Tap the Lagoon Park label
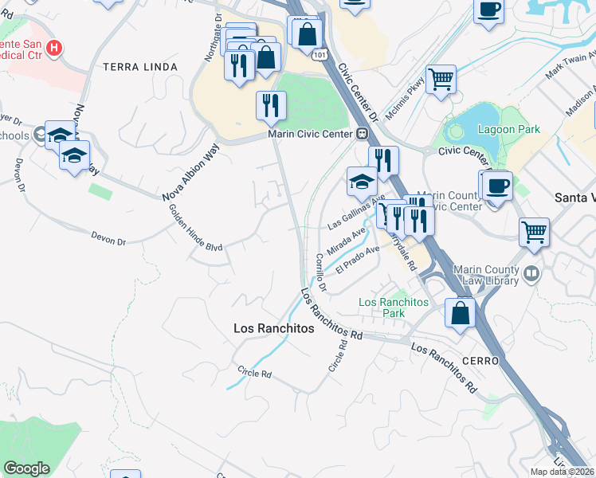[509, 129]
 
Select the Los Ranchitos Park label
[394, 308]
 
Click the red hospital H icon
[53, 49]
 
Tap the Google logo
[26, 468]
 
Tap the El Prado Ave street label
[357, 261]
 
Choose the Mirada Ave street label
[347, 239]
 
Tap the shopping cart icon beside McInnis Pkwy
[441, 79]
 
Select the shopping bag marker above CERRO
[461, 312]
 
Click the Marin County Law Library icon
[532, 275]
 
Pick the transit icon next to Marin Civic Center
[361, 134]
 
